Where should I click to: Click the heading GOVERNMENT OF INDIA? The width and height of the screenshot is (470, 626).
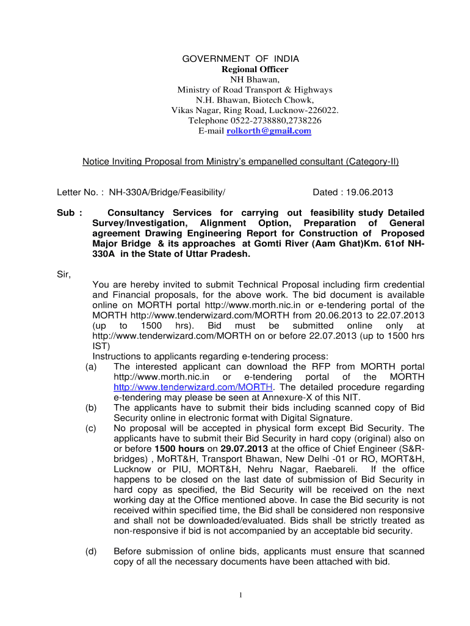(x=241, y=59)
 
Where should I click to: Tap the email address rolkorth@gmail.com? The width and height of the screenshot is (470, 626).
(x=269, y=131)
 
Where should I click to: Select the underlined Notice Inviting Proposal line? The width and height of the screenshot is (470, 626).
(x=240, y=161)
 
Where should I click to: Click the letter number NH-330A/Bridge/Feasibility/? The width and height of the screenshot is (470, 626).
(x=167, y=193)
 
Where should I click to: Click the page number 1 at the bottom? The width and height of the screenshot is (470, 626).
(x=242, y=595)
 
